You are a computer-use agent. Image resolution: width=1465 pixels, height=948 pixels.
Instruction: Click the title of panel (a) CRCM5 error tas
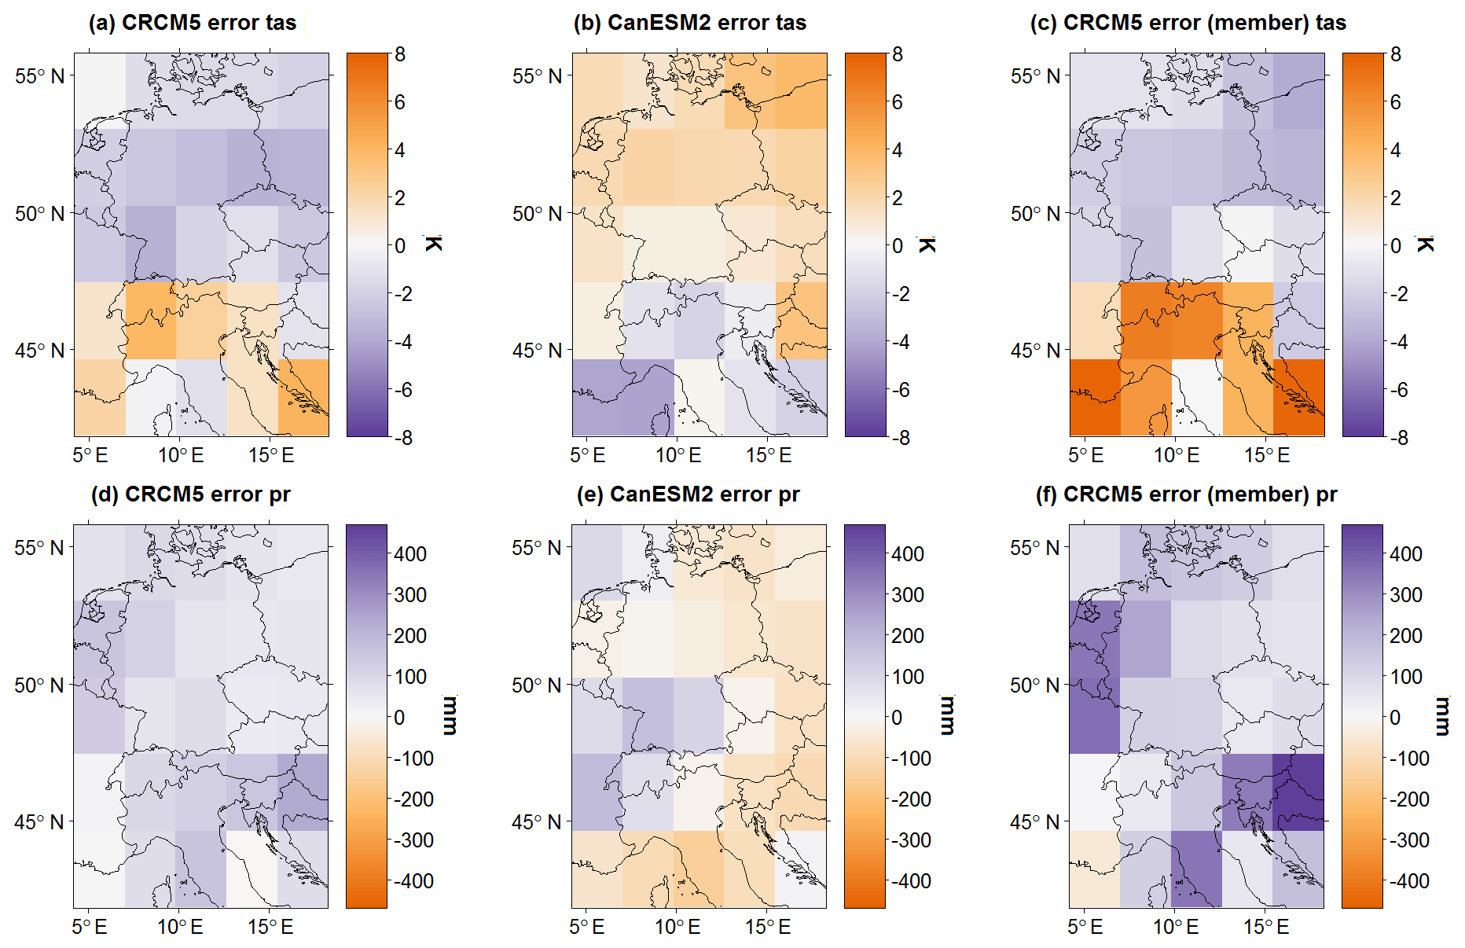[x=193, y=23]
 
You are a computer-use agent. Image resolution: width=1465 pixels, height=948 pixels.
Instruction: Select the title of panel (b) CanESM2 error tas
[x=690, y=23]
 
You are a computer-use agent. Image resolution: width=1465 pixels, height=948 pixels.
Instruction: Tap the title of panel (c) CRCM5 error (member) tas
[x=1188, y=23]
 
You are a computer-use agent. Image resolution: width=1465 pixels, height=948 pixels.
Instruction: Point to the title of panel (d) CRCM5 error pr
[x=191, y=494]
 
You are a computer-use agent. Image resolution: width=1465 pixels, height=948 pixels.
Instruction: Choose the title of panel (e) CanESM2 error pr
[x=688, y=494]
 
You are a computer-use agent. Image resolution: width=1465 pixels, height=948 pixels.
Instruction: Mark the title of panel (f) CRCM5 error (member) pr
[x=1186, y=494]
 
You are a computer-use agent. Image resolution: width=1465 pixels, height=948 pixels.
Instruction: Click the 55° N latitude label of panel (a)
[x=39, y=76]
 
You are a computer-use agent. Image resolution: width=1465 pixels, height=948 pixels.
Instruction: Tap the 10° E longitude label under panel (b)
[x=678, y=455]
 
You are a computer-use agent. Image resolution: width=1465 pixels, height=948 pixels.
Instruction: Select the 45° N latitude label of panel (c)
[x=1035, y=351]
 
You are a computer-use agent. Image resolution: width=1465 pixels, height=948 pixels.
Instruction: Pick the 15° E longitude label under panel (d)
[x=270, y=927]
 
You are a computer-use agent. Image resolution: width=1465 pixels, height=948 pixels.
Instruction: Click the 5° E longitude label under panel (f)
[x=1085, y=927]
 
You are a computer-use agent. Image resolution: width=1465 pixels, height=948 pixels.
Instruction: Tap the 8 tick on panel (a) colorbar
[x=400, y=54]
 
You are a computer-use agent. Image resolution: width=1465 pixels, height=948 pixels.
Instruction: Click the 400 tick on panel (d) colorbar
[x=410, y=554]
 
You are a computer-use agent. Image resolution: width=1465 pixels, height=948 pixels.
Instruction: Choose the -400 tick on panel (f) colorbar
[x=1406, y=881]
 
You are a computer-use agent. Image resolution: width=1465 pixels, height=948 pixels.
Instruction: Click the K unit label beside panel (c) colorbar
[x=1425, y=244]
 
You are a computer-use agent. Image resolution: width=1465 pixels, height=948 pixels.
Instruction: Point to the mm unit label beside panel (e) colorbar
[x=947, y=715]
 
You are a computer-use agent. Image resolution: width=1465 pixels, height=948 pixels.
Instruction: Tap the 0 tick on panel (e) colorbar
[x=897, y=718]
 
